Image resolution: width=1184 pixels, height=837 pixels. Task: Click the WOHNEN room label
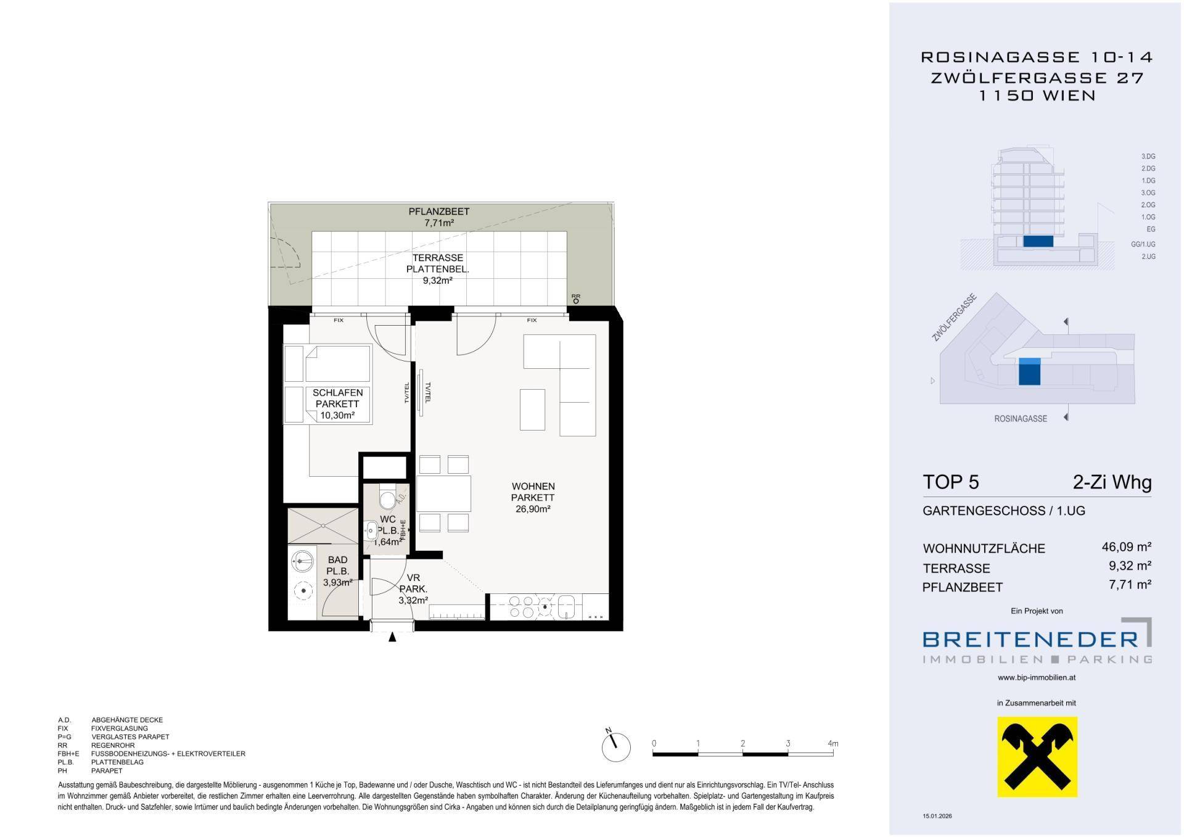click(533, 486)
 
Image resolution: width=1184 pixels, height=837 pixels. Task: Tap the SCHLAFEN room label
click(337, 392)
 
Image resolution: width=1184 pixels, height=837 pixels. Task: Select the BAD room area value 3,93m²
click(338, 582)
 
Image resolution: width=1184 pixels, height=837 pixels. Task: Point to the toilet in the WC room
click(387, 498)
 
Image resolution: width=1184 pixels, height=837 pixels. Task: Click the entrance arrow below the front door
click(392, 638)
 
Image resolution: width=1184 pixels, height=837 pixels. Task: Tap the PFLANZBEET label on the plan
click(438, 212)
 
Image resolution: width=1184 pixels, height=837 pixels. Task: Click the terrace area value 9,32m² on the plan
click(438, 280)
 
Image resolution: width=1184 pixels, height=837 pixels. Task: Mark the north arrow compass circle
click(616, 747)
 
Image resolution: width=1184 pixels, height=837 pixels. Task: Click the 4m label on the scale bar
click(832, 743)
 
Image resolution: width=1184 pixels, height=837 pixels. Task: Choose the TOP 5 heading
click(950, 482)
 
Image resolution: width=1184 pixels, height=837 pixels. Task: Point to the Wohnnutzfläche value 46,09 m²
click(1127, 546)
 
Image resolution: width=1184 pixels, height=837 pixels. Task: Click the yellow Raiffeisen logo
click(1038, 757)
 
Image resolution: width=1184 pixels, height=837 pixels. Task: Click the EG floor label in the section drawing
click(1151, 229)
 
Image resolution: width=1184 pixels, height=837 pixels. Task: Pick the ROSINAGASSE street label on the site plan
click(1021, 419)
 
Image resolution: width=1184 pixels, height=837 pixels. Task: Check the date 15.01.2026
click(937, 816)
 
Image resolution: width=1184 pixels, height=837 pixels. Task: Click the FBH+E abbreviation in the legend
click(68, 754)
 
